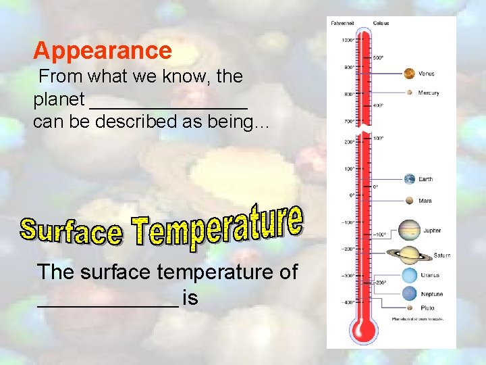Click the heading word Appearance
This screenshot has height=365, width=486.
(103, 51)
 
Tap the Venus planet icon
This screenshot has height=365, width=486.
(409, 74)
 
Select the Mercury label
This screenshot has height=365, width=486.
(428, 93)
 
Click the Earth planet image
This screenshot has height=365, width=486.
(409, 179)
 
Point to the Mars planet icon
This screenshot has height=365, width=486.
(409, 201)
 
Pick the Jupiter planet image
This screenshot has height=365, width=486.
(409, 230)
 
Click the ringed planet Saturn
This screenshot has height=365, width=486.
(409, 255)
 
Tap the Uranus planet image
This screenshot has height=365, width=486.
(409, 275)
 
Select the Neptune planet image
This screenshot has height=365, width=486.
(409, 294)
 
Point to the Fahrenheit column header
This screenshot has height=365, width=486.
(342, 23)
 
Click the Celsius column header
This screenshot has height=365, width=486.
(381, 23)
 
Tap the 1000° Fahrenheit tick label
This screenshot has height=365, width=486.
(348, 40)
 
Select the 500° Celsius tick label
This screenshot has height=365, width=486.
(378, 57)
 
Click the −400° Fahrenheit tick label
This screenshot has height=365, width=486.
(347, 302)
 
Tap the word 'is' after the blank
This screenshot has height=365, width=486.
(190, 297)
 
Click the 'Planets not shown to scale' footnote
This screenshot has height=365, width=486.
(418, 318)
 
